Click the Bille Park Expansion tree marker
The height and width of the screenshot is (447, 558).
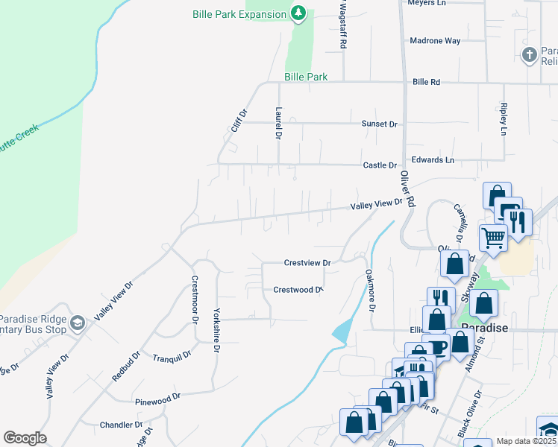click(x=298, y=13)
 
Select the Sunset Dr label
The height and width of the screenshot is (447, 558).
click(x=380, y=124)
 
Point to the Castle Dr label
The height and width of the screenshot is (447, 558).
click(x=380, y=165)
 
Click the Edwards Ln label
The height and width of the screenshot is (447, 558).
click(x=433, y=160)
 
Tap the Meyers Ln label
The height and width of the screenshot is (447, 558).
click(x=426, y=3)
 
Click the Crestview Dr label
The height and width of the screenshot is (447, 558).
click(x=307, y=262)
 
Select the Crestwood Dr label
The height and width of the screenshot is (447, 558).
click(x=297, y=290)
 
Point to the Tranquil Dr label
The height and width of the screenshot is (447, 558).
click(x=168, y=358)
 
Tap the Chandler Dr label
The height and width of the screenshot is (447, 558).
click(x=121, y=425)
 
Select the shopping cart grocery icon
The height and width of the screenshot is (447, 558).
click(x=492, y=238)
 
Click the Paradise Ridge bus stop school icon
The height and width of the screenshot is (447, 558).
click(x=78, y=323)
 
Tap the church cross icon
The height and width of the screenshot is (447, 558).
click(x=529, y=54)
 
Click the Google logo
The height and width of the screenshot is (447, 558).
click(x=25, y=438)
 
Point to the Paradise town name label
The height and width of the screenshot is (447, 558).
click(x=484, y=328)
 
